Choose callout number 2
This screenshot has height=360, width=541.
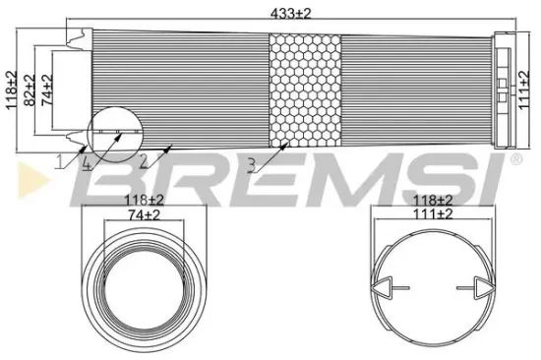click(145, 160)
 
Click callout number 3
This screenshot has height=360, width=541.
click(252, 165)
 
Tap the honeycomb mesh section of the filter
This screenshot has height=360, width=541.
click(304, 90)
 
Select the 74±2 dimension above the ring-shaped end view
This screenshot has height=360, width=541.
click(145, 213)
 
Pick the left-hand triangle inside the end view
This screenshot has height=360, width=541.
click(387, 288)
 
